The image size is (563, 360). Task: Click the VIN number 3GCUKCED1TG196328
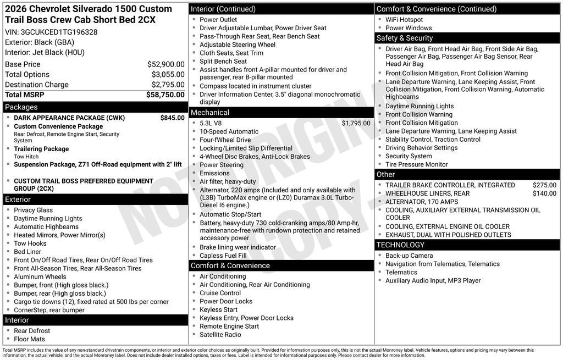point(59,32)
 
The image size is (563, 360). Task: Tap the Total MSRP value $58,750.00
point(165,95)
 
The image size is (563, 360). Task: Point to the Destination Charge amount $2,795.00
point(168,85)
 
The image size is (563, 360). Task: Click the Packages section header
point(21,107)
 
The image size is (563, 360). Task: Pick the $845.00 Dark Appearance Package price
point(172,118)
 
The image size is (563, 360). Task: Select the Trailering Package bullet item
point(41,149)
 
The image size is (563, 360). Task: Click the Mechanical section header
point(210,113)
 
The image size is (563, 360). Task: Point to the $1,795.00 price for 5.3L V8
point(356,123)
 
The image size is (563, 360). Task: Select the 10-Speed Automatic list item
point(229,132)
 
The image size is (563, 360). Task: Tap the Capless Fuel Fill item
point(223,256)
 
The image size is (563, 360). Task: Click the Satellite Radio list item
point(220,335)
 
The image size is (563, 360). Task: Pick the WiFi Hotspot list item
point(404,20)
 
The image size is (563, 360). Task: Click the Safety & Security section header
point(405,38)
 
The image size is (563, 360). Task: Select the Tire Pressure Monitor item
point(416,164)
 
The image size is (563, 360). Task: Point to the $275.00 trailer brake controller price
point(544,185)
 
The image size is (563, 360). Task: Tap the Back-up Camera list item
point(409,256)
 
